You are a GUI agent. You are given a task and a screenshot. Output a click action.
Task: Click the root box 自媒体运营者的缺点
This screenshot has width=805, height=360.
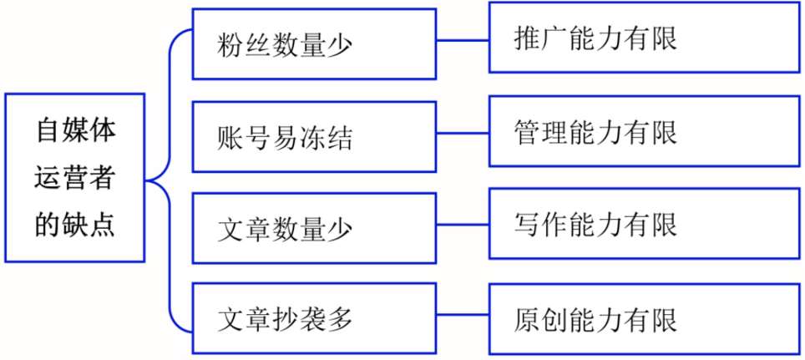75,178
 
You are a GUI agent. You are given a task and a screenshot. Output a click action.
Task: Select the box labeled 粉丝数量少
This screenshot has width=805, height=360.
314,43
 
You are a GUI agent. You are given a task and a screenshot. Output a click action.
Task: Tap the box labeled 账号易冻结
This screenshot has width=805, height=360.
314,137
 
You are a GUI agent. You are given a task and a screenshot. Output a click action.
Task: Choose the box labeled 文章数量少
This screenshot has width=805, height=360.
314,229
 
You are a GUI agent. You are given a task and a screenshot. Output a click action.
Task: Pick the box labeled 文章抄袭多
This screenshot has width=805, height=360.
314,318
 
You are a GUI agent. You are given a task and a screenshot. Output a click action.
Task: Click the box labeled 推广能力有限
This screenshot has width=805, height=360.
645,38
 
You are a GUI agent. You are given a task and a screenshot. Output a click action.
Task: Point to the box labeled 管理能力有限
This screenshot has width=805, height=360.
645,131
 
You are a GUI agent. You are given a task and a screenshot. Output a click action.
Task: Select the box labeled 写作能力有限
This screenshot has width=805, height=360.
645,223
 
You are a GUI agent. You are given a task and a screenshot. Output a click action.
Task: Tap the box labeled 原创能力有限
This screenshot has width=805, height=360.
645,319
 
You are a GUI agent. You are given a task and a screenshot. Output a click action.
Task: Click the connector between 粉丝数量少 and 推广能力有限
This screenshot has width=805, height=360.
463,39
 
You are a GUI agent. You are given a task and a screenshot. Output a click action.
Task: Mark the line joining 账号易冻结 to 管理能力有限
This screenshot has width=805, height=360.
463,133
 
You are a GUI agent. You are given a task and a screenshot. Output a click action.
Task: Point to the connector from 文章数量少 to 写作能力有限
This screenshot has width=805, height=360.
463,225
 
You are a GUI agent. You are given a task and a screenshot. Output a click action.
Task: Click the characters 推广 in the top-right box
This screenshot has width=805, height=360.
540,39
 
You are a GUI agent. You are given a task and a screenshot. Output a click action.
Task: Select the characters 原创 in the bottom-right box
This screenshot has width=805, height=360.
540,319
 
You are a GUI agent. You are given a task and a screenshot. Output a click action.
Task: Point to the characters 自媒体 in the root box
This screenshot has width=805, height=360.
75,131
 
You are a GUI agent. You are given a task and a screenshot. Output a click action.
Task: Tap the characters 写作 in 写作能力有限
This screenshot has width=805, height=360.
540,225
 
